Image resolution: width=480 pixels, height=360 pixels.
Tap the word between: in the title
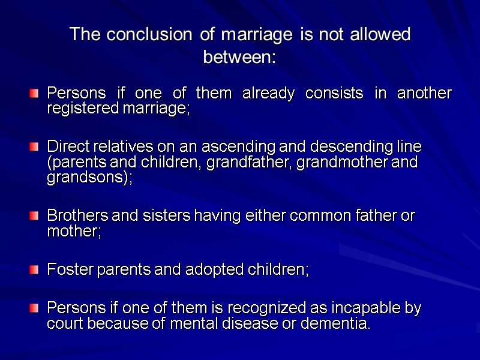click(239, 59)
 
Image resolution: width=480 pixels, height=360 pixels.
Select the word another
click(424, 94)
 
